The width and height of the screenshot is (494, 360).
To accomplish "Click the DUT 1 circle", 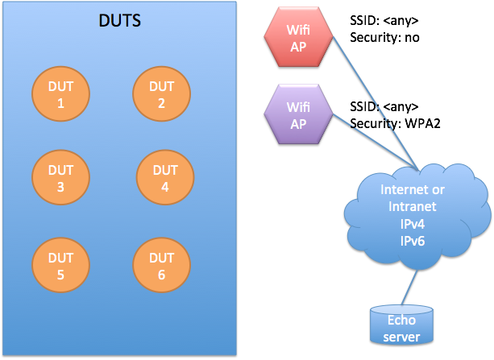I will (61, 95).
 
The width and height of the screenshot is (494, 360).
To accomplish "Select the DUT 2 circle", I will (161, 94).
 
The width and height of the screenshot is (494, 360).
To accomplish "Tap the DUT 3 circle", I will (61, 179).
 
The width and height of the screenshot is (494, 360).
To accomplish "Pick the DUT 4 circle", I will (164, 179).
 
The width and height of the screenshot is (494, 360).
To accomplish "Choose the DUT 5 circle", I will (61, 266).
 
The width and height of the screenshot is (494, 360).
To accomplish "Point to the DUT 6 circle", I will (161, 266).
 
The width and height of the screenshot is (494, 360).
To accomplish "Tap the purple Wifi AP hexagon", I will (297, 114).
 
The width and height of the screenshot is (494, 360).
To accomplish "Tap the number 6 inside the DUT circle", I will (161, 275).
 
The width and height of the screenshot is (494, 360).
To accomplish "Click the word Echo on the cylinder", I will (401, 321).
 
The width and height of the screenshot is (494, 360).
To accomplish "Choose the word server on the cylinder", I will (402, 337).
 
